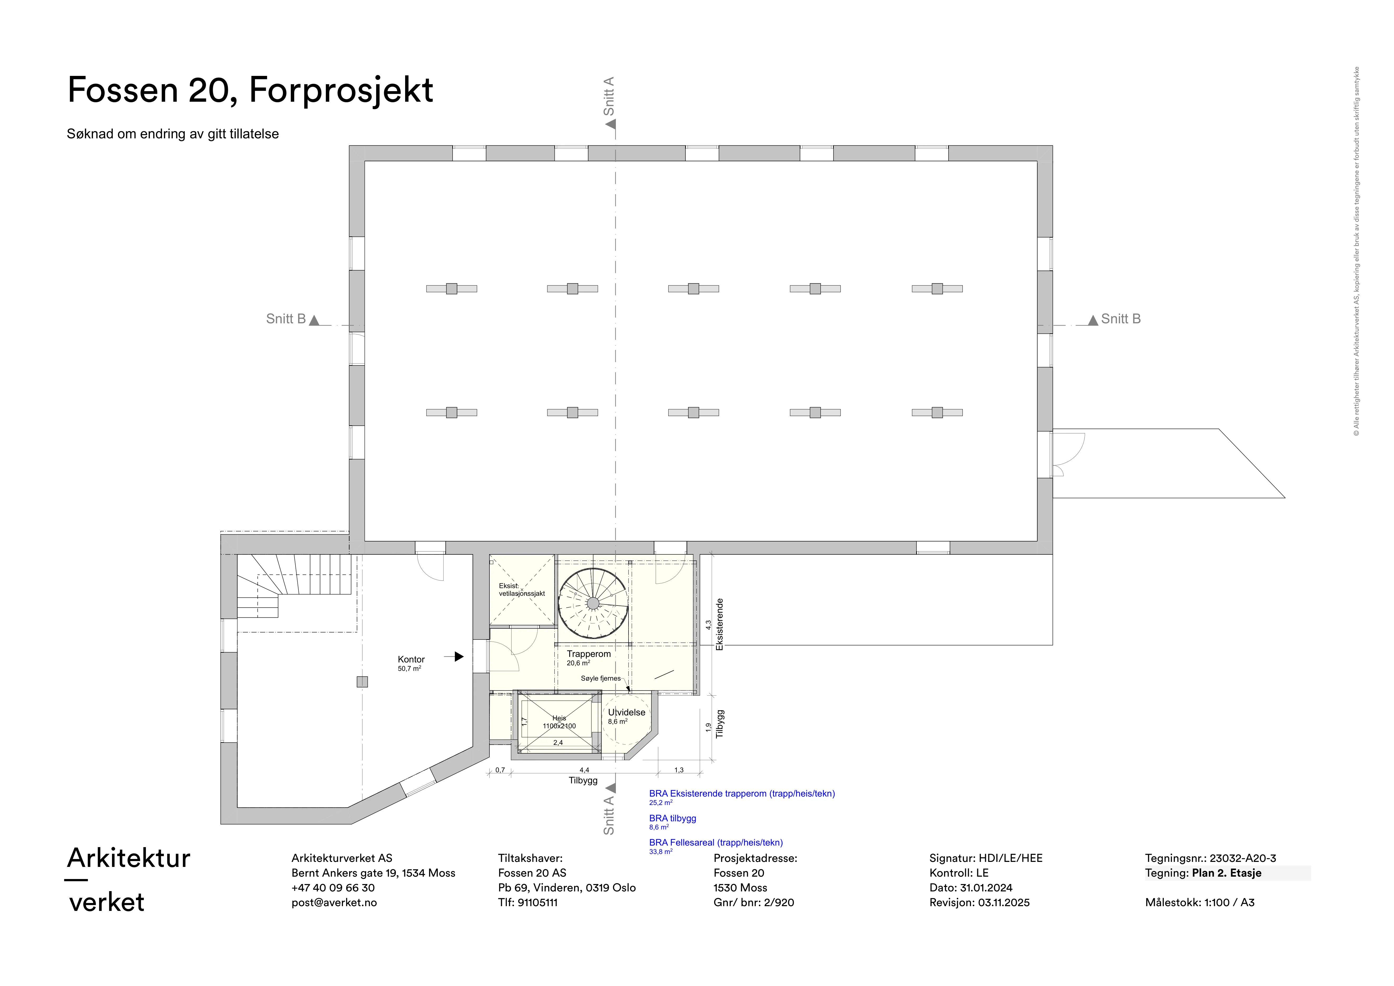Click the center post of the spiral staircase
tap(593, 603)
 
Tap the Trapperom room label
tap(588, 654)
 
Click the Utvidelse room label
tap(627, 712)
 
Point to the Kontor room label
tap(411, 659)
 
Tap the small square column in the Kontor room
tap(362, 682)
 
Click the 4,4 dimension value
tap(584, 770)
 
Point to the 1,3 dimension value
tap(679, 770)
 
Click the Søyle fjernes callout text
tap(601, 678)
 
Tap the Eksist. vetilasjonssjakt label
tap(522, 589)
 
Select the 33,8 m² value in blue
tap(661, 852)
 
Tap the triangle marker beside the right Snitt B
tap(1093, 320)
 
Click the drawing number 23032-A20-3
tap(1243, 858)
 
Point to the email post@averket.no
tap(334, 902)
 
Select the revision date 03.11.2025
tap(1004, 902)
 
